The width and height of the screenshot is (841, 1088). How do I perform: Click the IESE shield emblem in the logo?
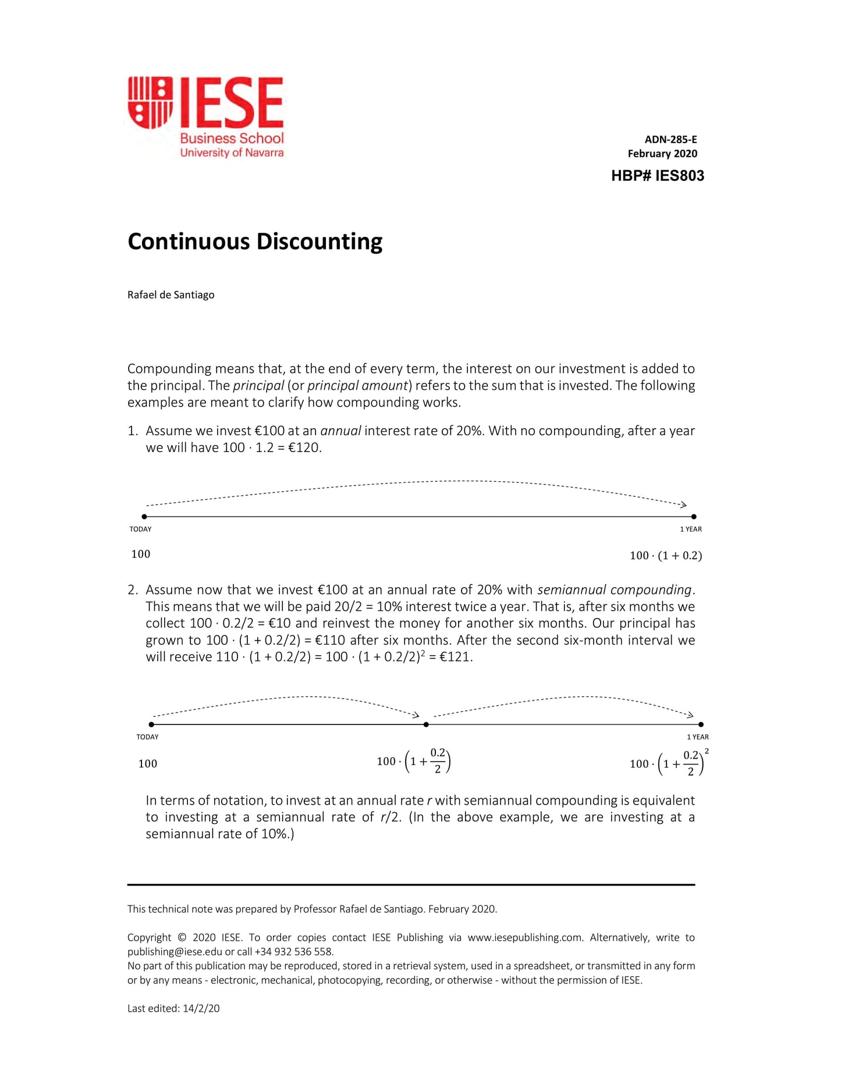[150, 102]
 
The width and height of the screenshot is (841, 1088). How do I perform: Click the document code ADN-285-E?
[670, 140]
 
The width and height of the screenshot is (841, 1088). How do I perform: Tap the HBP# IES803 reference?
[657, 176]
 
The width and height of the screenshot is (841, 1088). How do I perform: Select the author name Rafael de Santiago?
[171, 295]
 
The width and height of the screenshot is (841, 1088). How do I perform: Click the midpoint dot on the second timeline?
[426, 724]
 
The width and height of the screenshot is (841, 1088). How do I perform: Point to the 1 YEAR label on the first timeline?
[691, 529]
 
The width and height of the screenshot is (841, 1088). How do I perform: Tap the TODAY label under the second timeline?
[147, 737]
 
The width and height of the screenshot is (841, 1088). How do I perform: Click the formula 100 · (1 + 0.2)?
[665, 556]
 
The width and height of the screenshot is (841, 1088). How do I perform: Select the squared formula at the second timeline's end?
[669, 763]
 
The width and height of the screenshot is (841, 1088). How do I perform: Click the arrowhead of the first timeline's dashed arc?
[684, 504]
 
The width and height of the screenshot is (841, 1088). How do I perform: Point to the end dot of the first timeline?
[694, 517]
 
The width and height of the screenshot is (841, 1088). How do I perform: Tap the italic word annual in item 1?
[340, 431]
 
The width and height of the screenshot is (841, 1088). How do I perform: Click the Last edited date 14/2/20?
[201, 1009]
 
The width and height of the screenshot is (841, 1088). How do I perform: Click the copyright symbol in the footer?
[182, 937]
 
